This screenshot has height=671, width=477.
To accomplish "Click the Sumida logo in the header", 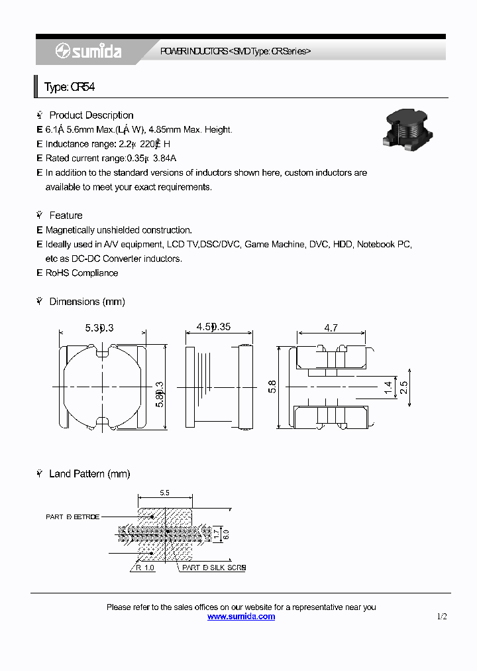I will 88,51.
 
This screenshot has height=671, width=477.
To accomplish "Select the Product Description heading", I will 91,115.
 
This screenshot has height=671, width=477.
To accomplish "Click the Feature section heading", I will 66,215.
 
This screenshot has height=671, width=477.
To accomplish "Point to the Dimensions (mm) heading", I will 87,302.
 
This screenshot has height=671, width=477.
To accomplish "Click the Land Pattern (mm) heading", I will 89,474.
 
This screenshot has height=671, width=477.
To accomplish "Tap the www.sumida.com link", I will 241,617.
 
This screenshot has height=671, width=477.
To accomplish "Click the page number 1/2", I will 442,617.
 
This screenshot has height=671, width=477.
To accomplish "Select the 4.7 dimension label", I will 331,328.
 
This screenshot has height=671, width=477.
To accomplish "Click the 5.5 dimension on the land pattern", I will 165,493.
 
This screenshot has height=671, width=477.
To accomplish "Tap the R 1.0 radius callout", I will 145,568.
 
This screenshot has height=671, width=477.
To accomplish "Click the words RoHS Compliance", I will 81,273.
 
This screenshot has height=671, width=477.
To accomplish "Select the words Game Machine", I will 274,245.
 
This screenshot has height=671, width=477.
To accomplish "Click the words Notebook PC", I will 384,245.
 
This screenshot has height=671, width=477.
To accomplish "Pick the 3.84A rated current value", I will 164,158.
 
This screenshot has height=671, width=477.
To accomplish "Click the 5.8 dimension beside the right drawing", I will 272,386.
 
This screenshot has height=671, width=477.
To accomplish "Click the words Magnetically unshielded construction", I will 119,230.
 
